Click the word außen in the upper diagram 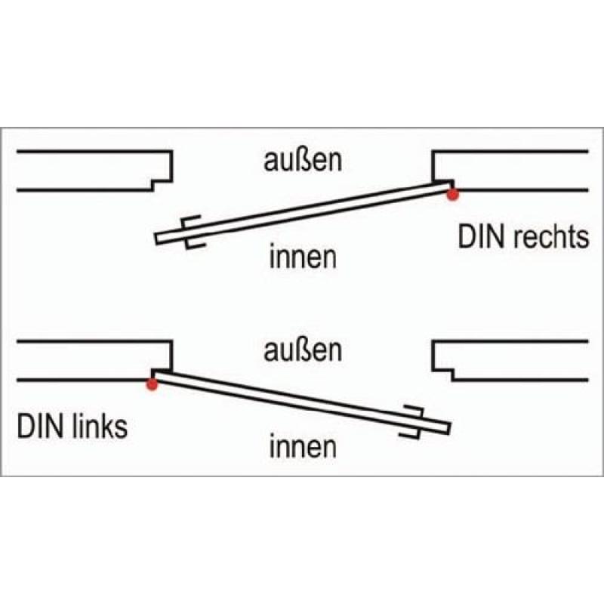click(302, 161)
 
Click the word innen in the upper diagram click(302, 258)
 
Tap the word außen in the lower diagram click(302, 351)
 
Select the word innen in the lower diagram click(302, 448)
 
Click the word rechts click(550, 238)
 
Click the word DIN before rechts click(482, 238)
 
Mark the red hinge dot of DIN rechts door click(452, 195)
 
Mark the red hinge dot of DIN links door click(152, 384)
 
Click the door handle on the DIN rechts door click(191, 232)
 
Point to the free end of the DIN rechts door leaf click(158, 239)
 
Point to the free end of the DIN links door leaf click(446, 428)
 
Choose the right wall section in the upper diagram click(513, 170)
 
